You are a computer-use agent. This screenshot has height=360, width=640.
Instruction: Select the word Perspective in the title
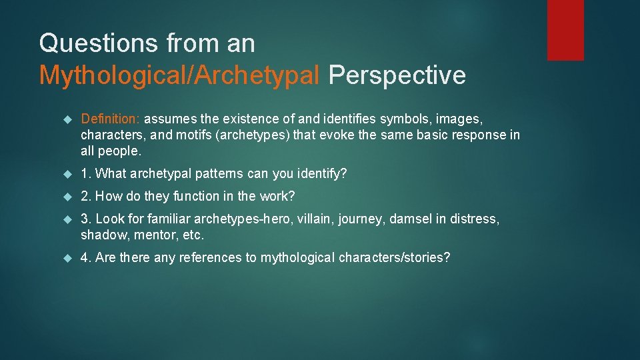[397, 75]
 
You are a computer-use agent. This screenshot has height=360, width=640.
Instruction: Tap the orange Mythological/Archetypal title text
[179, 75]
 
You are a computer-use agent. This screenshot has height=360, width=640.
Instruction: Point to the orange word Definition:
[110, 119]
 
